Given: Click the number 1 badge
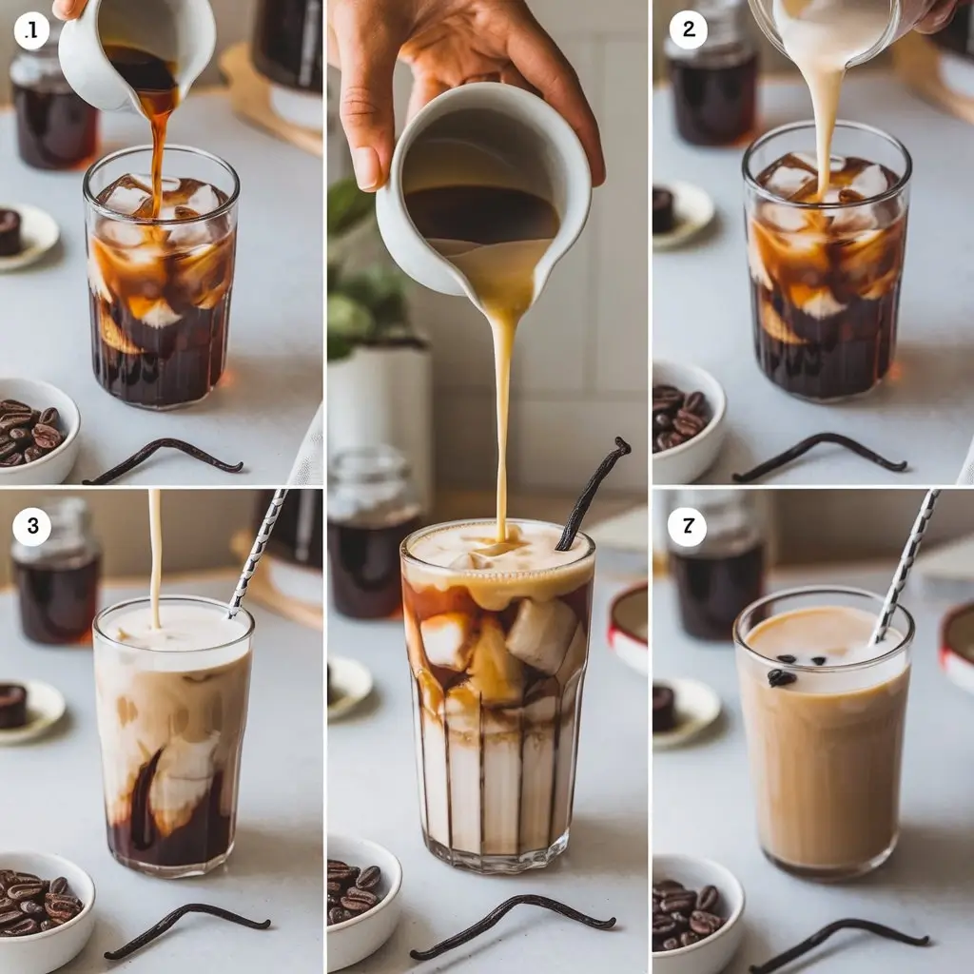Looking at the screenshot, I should (x=32, y=33).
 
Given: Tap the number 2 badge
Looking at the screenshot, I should (x=688, y=30).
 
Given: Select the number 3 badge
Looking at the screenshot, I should (x=32, y=526).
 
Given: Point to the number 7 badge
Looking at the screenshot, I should (x=687, y=527).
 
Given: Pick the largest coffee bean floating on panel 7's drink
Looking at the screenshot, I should (x=781, y=677).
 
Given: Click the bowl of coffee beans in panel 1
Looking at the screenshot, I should (x=35, y=433).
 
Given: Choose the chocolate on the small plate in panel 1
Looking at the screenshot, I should (x=9, y=231).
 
